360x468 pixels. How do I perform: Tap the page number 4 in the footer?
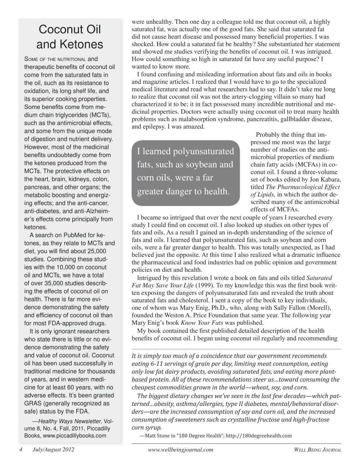point(21,450)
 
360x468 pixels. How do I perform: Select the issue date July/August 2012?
point(53,450)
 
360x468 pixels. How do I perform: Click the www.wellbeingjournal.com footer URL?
point(181,450)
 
